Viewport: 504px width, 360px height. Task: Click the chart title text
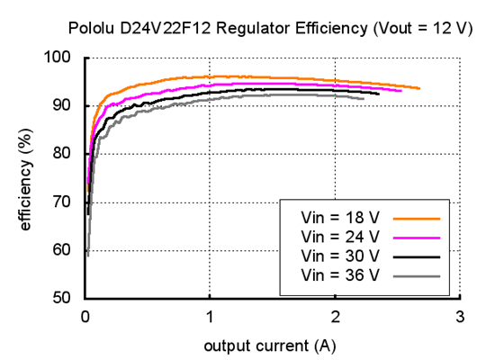point(270,28)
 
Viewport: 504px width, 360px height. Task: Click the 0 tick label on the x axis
point(85,317)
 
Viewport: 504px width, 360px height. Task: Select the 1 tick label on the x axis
point(210,317)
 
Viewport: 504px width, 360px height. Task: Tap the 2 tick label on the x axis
point(335,317)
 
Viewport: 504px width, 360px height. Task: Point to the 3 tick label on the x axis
point(460,317)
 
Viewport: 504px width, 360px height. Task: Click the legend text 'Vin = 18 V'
point(340,217)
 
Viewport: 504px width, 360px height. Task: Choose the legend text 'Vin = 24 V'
point(340,237)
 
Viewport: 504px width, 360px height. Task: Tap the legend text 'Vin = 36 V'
point(340,275)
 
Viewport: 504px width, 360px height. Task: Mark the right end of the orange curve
point(418,88)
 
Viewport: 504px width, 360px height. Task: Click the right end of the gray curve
point(364,99)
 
